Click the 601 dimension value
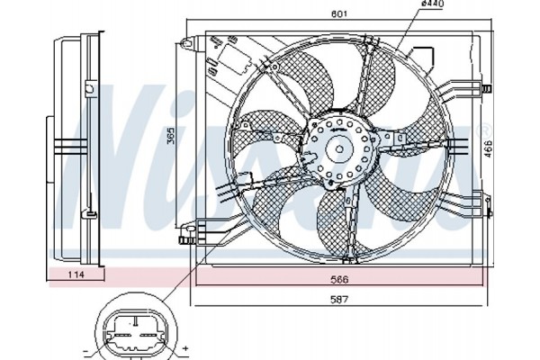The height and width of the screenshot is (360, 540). coord(339,13)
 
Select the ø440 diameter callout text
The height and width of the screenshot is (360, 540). coord(433,4)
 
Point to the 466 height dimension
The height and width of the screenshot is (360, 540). coord(488,148)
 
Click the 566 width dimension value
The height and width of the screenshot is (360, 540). coord(339,279)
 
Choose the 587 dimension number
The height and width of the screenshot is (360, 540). coord(339,299)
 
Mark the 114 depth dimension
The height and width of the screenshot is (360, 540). coord(76,274)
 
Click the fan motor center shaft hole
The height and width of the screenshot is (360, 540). coord(339,149)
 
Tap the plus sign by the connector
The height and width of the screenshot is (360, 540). coord(185,348)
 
